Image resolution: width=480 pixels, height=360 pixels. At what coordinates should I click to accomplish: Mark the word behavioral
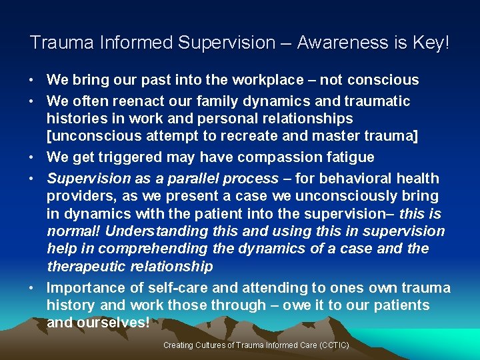coord(360,179)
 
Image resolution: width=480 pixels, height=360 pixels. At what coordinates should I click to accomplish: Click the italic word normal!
coord(73,231)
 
